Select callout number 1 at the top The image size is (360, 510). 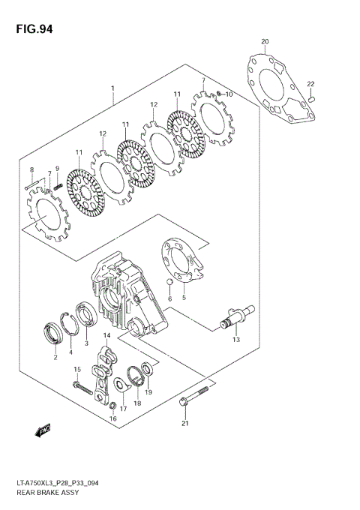[x=113, y=88]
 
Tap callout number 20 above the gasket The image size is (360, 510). [x=264, y=41]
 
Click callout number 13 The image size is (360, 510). [x=236, y=340]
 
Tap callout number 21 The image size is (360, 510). [x=185, y=424]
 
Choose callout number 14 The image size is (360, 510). [x=107, y=335]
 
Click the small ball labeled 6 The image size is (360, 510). [x=171, y=284]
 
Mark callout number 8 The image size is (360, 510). [x=31, y=169]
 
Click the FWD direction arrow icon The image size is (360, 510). [x=41, y=431]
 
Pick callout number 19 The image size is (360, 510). [x=148, y=391]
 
